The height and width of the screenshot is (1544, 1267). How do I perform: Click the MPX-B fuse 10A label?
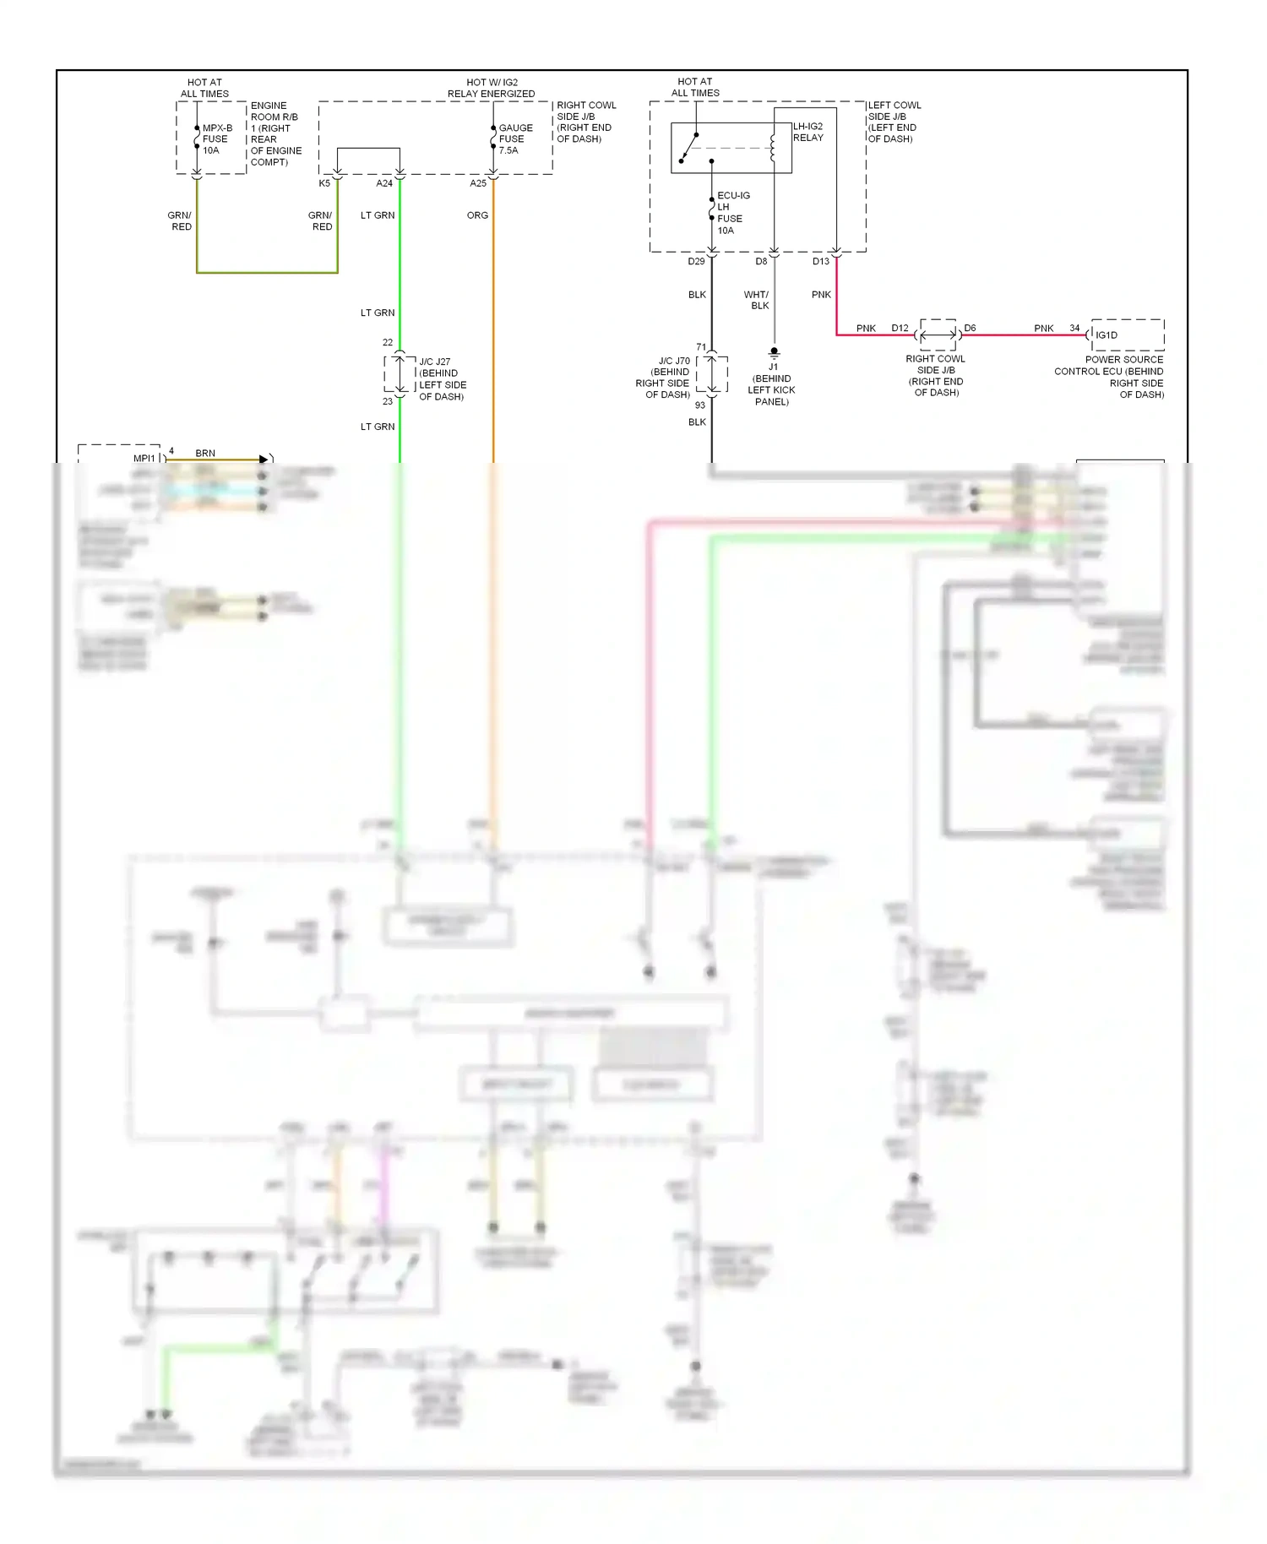[216, 139]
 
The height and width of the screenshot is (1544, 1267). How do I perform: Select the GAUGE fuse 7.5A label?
[515, 139]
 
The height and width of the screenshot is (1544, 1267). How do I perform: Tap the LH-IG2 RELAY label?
[808, 132]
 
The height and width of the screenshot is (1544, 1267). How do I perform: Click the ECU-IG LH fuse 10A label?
[731, 213]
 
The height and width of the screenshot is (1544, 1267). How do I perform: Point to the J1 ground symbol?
[774, 352]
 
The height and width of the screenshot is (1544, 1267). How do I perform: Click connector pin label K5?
[324, 183]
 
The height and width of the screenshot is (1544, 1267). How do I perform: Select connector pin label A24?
[384, 183]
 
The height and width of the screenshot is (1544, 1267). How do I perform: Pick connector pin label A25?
[478, 183]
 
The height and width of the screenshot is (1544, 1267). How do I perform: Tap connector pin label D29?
[696, 262]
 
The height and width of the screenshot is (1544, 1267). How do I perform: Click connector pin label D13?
[821, 262]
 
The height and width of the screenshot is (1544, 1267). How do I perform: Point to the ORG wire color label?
[477, 215]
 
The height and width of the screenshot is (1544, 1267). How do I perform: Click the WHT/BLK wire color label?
[757, 301]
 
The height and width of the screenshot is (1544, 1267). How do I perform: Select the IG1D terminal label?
[1107, 335]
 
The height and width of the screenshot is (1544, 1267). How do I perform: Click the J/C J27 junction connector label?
[442, 379]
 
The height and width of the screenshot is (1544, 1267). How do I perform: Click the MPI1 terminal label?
[144, 459]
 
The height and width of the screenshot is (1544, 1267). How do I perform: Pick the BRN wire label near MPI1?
[205, 454]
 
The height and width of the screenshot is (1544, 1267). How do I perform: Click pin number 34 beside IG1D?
[1074, 328]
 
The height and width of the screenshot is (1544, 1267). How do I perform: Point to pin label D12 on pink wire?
[900, 328]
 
